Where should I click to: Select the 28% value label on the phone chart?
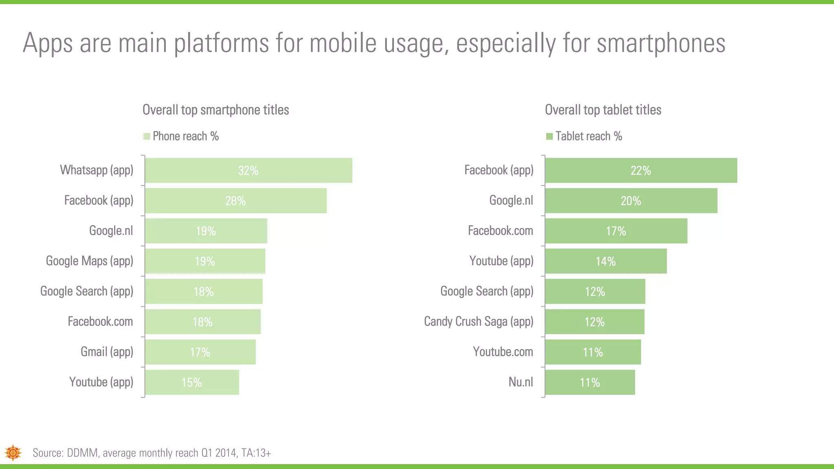tap(235, 201)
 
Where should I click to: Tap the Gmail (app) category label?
tap(107, 352)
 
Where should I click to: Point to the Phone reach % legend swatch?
tap(147, 136)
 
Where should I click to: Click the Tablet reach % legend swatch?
tap(549, 136)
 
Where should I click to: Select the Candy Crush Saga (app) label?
tap(478, 322)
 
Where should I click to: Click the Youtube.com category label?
tap(503, 352)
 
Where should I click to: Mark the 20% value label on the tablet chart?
tap(630, 201)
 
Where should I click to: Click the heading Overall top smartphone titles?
tap(215, 110)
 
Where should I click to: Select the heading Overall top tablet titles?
tap(603, 110)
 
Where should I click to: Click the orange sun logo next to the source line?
tap(13, 452)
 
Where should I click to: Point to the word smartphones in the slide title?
tap(661, 43)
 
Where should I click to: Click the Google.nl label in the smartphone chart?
tap(111, 231)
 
